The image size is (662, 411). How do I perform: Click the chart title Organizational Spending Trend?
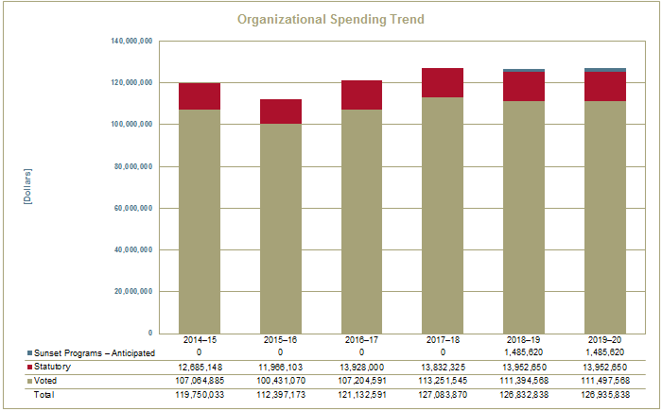(330, 19)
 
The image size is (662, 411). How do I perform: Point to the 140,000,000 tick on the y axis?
(132, 42)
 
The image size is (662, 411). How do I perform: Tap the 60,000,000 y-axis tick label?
(135, 208)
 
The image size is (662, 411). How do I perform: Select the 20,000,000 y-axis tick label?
(135, 292)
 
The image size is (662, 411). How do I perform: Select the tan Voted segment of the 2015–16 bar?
(281, 227)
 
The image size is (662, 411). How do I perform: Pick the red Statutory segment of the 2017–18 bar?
(443, 83)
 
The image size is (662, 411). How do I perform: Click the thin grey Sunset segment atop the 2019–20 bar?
(605, 70)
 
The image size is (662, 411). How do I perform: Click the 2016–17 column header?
(361, 339)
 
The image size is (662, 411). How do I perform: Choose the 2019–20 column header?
(605, 339)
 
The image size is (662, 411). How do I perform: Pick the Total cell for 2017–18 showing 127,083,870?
(443, 393)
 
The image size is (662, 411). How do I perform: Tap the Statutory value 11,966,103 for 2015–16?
(281, 367)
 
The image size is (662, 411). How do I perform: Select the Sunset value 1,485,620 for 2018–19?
(524, 351)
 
